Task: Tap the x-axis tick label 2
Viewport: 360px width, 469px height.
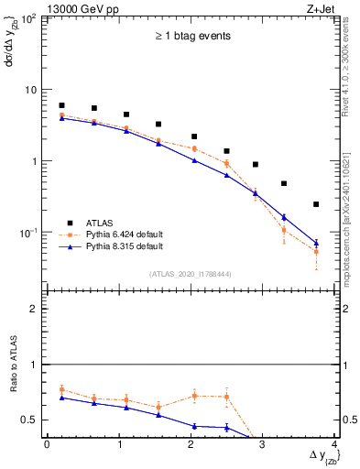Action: point(191,445)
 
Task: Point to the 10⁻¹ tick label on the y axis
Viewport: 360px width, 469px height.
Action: point(28,233)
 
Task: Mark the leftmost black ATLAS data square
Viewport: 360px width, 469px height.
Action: point(61,105)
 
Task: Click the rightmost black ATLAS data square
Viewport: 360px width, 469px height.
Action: point(316,204)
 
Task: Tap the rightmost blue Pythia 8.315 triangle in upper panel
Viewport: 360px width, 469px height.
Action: point(316,243)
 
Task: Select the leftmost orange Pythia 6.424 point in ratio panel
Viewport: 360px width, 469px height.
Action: point(61,389)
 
